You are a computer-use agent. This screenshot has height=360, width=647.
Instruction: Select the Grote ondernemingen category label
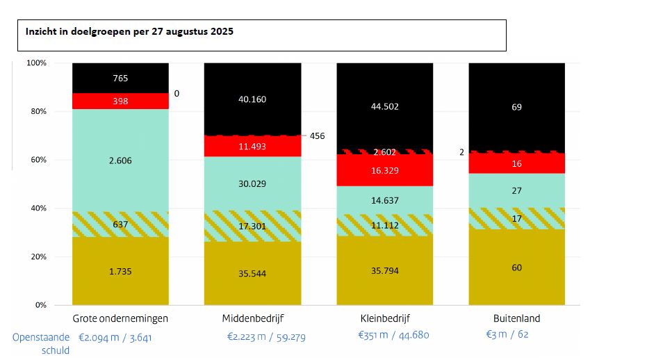point(120,318)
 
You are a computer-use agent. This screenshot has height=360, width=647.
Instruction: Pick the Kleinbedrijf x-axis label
point(384,318)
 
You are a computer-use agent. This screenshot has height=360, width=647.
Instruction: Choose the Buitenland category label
point(516,318)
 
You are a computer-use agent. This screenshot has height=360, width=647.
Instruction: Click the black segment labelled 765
point(120,78)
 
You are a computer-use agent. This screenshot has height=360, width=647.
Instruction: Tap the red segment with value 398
point(120,101)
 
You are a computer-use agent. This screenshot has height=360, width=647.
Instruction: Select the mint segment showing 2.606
point(120,161)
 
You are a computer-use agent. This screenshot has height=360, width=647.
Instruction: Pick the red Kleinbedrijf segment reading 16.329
point(384,170)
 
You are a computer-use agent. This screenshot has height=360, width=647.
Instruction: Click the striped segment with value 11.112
point(384,224)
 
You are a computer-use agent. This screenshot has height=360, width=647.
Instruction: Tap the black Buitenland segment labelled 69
point(516,107)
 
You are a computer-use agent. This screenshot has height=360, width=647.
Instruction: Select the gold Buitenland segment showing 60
point(516,268)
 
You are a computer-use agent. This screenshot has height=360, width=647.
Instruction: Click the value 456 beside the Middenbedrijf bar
point(317,136)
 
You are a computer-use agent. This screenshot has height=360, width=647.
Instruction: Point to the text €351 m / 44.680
point(393,335)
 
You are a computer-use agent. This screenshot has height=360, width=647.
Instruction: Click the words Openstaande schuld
point(41,343)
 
